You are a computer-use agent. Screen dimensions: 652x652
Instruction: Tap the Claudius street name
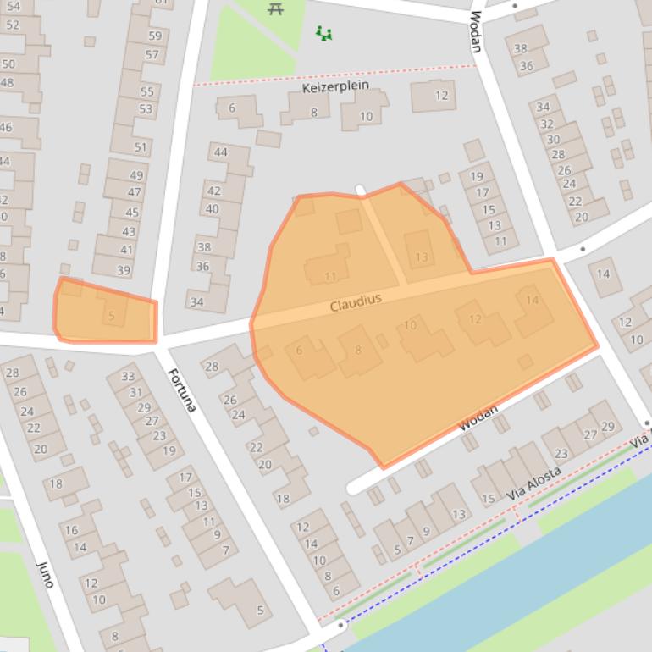pyautogui.click(x=356, y=301)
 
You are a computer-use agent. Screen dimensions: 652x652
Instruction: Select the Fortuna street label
pyautogui.click(x=181, y=390)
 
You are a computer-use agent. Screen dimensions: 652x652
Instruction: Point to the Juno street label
pyautogui.click(x=46, y=573)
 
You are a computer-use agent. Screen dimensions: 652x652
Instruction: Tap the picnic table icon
pyautogui.click(x=275, y=9)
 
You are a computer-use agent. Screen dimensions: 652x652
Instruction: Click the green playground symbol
pyautogui.click(x=323, y=34)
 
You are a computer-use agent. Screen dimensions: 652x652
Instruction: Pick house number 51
pyautogui.click(x=141, y=147)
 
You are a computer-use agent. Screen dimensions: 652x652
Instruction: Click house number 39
pyautogui.click(x=124, y=271)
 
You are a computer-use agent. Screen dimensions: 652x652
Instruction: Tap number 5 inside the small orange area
pyautogui.click(x=111, y=316)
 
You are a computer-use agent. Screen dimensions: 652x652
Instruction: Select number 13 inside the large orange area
pyautogui.click(x=421, y=257)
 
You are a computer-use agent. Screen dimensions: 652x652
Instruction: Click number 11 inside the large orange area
pyautogui.click(x=330, y=276)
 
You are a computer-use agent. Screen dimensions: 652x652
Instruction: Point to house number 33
pyautogui.click(x=128, y=377)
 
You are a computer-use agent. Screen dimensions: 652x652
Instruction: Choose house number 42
pyautogui.click(x=214, y=191)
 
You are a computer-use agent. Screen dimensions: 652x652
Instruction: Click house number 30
pyautogui.click(x=553, y=140)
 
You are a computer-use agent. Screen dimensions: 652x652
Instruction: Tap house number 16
pyautogui.click(x=71, y=530)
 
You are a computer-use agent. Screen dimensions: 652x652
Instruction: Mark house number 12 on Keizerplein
pyautogui.click(x=441, y=96)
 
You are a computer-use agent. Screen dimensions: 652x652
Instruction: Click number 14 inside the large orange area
pyautogui.click(x=532, y=300)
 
